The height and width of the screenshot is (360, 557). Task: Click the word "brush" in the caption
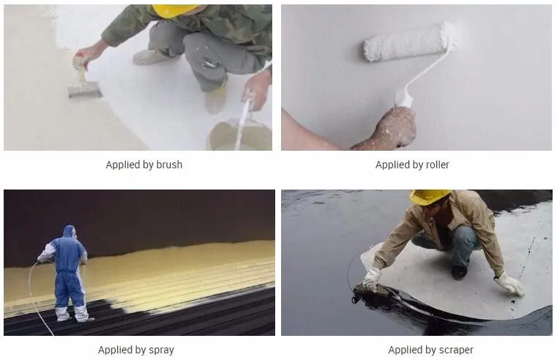[170, 165]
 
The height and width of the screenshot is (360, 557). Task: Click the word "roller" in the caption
[437, 165]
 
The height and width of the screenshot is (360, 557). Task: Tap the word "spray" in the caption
[161, 350]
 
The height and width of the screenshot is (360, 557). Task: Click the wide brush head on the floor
[85, 89]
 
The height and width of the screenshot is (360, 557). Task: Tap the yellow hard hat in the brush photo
[174, 11]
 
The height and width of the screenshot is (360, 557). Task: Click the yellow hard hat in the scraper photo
[429, 197]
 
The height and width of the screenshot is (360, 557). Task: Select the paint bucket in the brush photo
[240, 135]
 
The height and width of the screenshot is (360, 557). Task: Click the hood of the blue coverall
[70, 231]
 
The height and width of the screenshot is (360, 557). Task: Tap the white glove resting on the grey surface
[509, 284]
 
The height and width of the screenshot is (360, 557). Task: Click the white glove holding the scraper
[371, 279]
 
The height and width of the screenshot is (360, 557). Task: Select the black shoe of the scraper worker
[460, 272]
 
